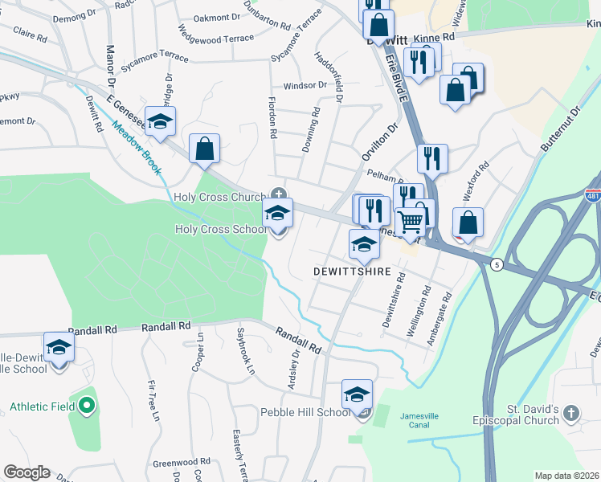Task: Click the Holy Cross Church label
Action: pos(219,197)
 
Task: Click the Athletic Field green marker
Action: pos(88,406)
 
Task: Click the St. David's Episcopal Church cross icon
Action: pos(570,413)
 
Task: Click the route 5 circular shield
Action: pos(498,264)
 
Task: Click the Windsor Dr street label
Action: pos(305,85)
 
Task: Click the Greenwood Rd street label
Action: pos(181,462)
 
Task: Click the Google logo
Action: pos(27,472)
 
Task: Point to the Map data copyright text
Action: pos(566,476)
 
